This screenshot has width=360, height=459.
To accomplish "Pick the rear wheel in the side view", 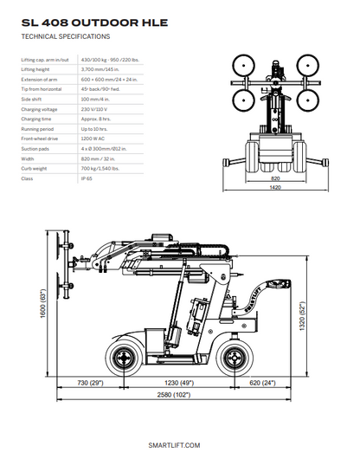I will [x=233, y=355].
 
